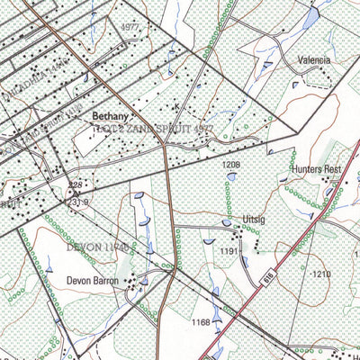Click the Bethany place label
(111, 117)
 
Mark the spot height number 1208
(231, 166)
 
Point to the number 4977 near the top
(130, 28)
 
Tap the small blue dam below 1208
(232, 177)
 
